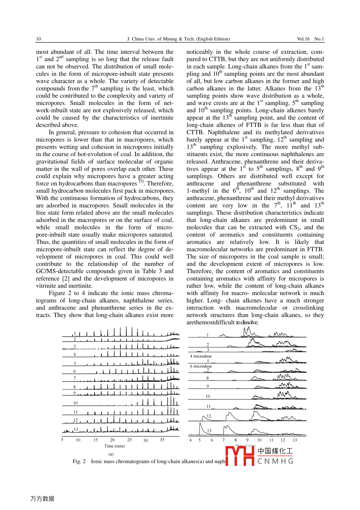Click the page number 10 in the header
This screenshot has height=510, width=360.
coord(38,39)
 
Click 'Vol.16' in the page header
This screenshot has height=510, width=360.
coord(303,39)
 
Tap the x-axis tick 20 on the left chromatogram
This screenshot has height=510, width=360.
coord(112,440)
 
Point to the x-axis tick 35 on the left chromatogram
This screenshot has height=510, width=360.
coord(162,440)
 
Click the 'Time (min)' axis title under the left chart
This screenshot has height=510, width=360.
coord(114,446)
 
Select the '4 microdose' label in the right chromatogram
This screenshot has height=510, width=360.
coord(201,356)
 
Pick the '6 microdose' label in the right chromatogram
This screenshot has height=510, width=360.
coord(201,366)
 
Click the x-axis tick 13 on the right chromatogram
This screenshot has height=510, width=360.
coord(295,440)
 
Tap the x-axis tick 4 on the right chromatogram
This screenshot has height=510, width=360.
coord(191,440)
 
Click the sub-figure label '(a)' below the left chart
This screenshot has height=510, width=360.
coord(111,454)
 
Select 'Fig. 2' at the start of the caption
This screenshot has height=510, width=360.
coord(79,462)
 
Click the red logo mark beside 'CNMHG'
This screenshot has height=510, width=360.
coord(240,456)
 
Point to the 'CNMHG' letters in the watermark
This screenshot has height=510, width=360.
coord(275,461)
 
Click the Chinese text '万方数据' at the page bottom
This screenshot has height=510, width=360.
coord(42,499)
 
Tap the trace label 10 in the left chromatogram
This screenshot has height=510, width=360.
coord(75,403)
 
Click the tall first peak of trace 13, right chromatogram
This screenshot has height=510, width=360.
coord(200,425)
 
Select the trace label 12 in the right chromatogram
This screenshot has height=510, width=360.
coord(209,416)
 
